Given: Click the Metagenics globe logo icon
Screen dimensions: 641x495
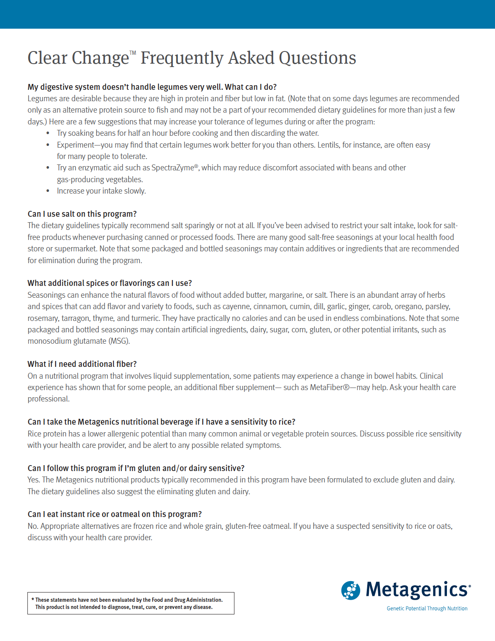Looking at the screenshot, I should point(350,590).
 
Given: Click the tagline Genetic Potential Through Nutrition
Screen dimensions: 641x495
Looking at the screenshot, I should point(427,609).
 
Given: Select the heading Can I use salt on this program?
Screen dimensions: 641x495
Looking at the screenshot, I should point(82,214).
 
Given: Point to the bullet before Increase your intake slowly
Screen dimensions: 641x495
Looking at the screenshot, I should point(48,191).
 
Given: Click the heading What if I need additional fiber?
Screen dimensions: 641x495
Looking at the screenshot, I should point(82,364).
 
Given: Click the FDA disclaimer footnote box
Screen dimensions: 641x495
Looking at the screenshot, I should point(131,603).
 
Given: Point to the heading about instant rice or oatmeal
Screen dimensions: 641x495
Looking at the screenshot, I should point(115,514).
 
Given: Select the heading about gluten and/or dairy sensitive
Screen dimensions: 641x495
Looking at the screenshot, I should point(136,468).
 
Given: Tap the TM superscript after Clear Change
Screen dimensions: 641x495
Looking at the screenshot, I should point(133,53).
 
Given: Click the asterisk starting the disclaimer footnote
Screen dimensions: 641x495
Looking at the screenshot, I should point(32,599).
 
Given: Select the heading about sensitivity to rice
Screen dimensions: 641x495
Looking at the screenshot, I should point(161,422).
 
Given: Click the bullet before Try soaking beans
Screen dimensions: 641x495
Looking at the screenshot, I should point(48,133).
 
